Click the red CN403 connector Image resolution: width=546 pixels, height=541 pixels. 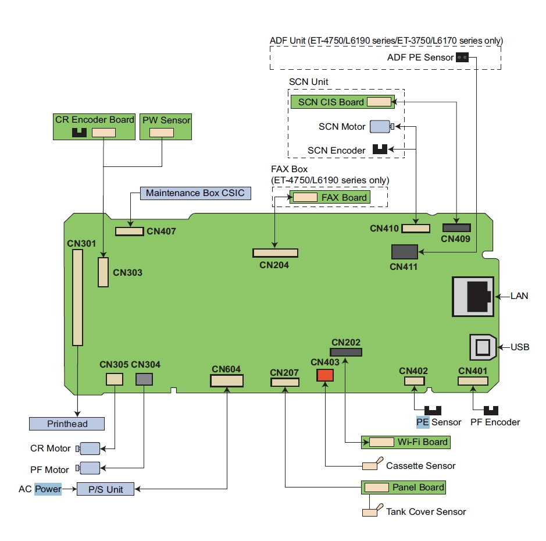(325, 376)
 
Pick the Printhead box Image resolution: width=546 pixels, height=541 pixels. (67, 423)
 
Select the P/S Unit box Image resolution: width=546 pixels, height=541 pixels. (105, 489)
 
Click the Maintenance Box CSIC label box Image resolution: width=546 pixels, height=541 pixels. (195, 193)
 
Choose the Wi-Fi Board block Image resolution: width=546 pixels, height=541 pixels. (406, 442)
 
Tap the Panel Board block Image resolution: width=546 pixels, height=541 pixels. (404, 487)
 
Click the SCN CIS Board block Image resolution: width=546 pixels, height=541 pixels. (342, 102)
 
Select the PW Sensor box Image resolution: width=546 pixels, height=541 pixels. (166, 126)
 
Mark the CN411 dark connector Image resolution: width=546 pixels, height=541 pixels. (405, 252)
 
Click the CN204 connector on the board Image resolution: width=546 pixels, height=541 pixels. (275, 253)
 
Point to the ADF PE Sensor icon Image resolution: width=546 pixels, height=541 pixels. (462, 57)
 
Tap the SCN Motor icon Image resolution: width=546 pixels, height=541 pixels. (381, 126)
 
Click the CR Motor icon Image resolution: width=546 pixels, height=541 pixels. (88, 449)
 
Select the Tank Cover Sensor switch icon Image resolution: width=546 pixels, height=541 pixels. (372, 511)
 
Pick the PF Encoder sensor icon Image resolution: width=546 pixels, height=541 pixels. (492, 411)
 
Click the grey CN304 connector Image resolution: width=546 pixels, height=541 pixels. (144, 379)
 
